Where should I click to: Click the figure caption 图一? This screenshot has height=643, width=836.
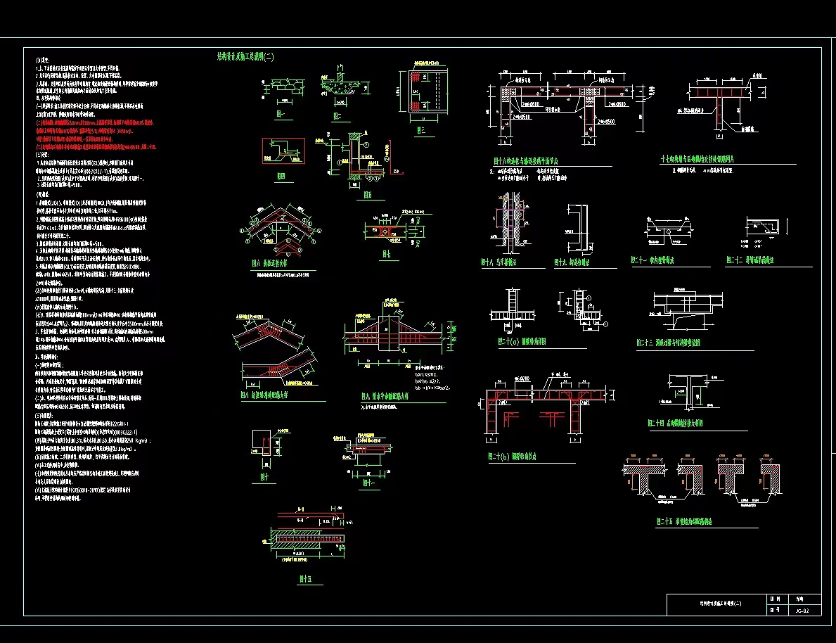pos(281,113)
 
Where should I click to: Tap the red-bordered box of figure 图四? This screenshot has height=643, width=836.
pos(283,151)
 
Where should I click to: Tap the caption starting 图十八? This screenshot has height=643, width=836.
pos(499,262)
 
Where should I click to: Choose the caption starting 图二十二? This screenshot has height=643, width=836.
pos(750,260)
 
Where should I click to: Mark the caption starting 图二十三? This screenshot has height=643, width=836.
pos(668,343)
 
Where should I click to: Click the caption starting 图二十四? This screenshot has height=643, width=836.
pos(675,424)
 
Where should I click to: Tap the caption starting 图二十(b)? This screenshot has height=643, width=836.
pos(513,457)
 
